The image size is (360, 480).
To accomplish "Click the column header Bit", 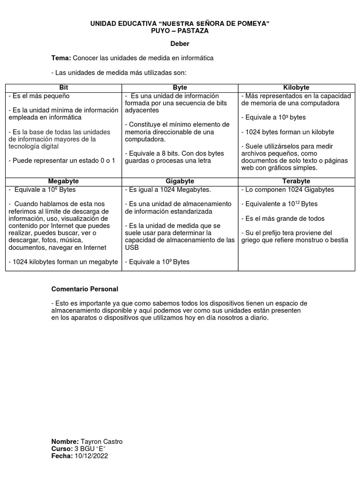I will pos(63,88).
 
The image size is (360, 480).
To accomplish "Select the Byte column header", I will pos(180,88).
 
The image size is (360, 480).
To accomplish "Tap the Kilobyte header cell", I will pos(296,88).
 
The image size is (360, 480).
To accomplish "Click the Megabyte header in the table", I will pos(63,181).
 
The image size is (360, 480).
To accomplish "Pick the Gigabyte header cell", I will pos(180,181).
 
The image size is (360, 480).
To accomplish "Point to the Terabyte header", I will pos(296,181).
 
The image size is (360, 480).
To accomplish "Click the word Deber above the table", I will pos(180,44).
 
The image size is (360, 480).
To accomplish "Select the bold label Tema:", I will pos(61,58).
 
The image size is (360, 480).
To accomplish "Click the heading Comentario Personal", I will pos(84,289).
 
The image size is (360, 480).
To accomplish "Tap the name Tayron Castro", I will pos(101,442).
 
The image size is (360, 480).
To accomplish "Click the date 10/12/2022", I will pos(91,456).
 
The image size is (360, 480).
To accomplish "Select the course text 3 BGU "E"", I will pos(90,449).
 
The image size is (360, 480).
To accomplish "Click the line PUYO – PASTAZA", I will pos(180,30).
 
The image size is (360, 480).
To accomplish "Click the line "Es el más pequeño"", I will pos(39,96).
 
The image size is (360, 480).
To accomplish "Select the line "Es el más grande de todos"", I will pos(283,219).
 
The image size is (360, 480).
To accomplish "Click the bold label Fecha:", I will pos(62,456).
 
